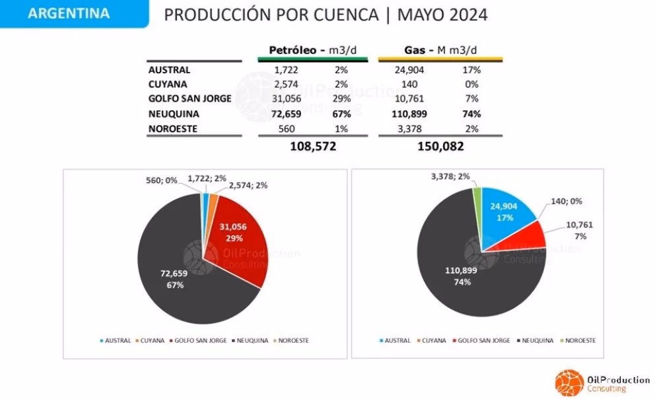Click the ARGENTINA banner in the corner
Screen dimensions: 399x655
point(69,14)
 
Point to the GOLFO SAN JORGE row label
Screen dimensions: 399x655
point(189,99)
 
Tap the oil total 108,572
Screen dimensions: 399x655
point(313,147)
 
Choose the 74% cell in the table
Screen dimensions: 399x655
point(471,114)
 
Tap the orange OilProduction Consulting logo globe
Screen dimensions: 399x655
point(567,382)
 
